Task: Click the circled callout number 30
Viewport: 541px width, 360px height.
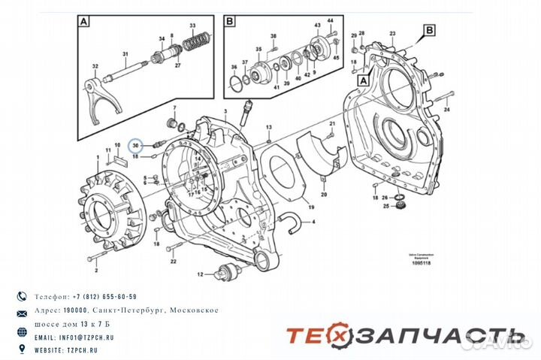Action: point(135,145)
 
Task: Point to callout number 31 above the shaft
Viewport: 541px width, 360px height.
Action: point(125,53)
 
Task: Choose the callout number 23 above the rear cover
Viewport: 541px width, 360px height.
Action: point(391,34)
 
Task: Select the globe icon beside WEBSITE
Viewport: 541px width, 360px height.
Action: point(21,350)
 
